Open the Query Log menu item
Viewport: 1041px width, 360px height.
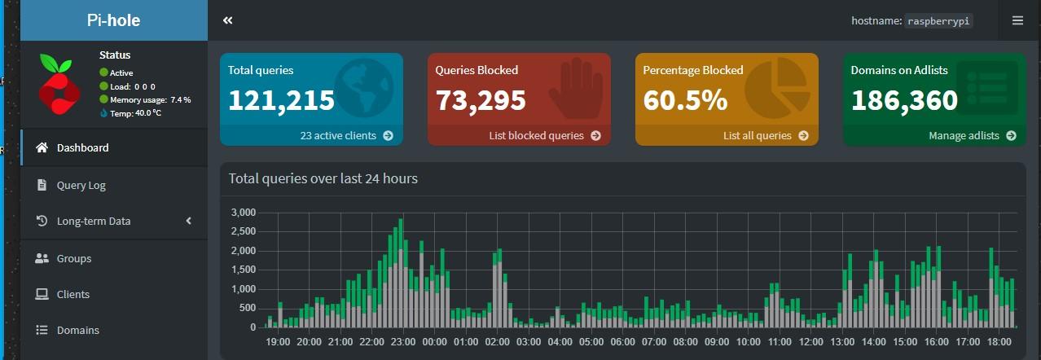81,185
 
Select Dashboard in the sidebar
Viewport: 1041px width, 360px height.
82,147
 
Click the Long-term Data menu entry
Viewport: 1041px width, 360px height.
94,221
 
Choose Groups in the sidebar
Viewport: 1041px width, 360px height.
74,258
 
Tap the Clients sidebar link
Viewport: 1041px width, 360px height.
73,294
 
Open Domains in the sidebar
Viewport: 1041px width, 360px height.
78,330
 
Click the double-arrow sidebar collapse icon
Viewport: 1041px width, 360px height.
228,20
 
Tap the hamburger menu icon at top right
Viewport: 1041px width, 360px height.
1017,20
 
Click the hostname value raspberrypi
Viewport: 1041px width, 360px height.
938,20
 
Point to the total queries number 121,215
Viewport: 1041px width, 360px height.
281,100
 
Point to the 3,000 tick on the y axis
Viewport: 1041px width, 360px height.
244,213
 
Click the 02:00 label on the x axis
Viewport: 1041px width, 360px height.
498,342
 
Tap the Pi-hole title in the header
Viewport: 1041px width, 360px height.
113,20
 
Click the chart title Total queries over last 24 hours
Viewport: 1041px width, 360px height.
323,178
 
